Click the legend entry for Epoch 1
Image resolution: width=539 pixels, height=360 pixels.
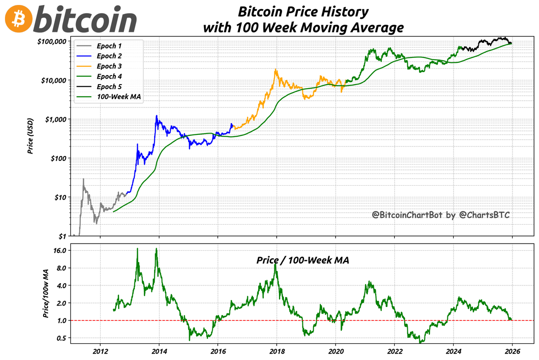tap(109, 46)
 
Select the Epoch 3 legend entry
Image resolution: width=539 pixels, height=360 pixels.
tap(109, 66)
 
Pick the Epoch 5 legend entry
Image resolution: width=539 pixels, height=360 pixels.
tap(109, 86)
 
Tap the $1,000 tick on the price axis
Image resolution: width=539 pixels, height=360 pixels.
tap(56, 119)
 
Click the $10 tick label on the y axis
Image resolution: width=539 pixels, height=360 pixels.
tap(60, 197)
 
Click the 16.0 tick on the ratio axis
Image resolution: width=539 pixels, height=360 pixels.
tap(59, 250)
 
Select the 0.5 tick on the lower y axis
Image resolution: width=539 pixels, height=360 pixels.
tap(61, 338)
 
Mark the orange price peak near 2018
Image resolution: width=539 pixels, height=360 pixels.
tap(275, 70)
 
